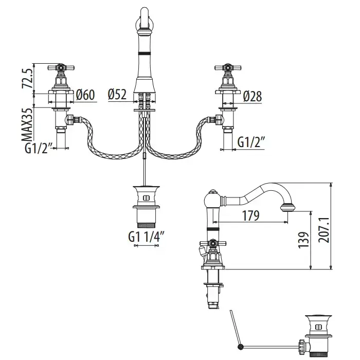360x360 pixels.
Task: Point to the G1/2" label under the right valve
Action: pyautogui.click(x=251, y=142)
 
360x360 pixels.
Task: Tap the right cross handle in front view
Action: pyautogui.click(x=226, y=67)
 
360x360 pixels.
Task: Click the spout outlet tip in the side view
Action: pyautogui.click(x=287, y=208)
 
